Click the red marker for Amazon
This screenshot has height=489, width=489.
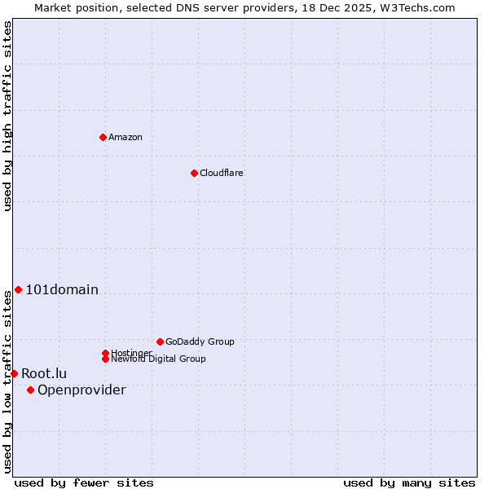coord(103,137)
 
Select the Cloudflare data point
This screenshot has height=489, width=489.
coord(194,173)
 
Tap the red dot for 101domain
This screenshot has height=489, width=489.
coord(18,289)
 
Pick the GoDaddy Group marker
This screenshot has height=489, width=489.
coord(160,341)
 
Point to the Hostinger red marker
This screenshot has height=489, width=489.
coord(105,353)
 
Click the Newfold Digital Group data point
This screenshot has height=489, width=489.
coord(105,359)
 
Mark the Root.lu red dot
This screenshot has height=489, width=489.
coord(14,373)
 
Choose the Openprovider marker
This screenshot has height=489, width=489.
coord(30,390)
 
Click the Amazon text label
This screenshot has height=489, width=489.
coord(126,137)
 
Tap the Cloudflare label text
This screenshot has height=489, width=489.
coord(222,173)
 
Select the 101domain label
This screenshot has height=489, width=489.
coord(62,289)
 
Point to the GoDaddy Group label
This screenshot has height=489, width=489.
coord(200,341)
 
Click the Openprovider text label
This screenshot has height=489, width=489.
coord(81,390)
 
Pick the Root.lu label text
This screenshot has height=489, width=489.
coord(44,373)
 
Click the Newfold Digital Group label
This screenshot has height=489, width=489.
coord(158,359)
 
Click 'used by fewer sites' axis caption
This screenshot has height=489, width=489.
coord(84,482)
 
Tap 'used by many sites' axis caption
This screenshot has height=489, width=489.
coord(409,482)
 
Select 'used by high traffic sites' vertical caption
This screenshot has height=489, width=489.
coord(7,116)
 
